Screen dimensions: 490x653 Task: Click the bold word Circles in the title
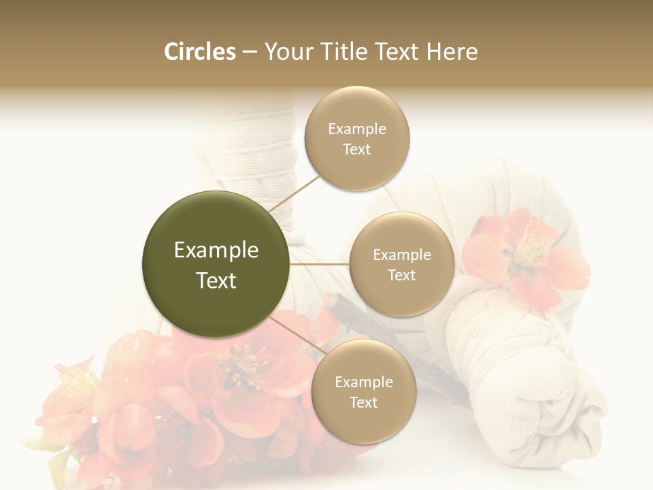coord(199,52)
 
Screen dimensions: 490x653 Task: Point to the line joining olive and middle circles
coord(320,264)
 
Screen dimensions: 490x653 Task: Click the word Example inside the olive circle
coord(216,250)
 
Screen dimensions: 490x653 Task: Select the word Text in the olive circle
coord(216,280)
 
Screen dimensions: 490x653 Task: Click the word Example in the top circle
coord(357,129)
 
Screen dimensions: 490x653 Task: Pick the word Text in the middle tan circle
coord(401,275)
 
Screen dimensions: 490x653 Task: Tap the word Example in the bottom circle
coord(364,382)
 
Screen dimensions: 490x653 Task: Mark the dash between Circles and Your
coord(250,52)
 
